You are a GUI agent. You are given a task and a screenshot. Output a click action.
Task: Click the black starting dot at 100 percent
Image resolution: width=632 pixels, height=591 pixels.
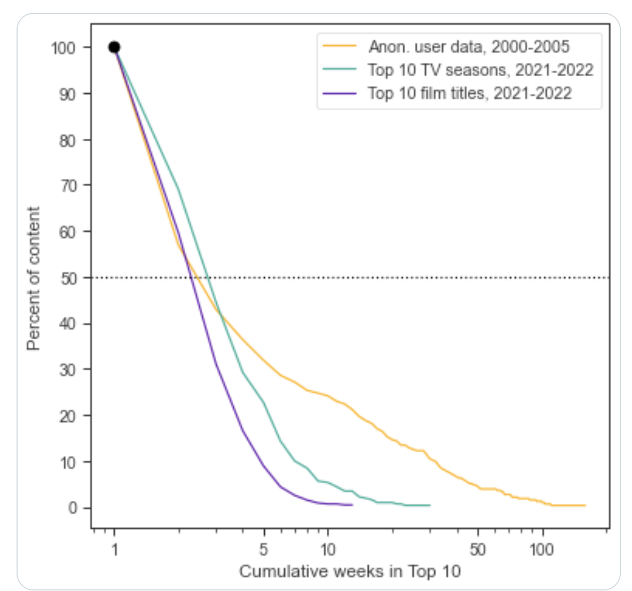tap(114, 47)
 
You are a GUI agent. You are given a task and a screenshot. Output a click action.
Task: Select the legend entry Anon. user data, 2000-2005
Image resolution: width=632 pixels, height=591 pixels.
tap(469, 47)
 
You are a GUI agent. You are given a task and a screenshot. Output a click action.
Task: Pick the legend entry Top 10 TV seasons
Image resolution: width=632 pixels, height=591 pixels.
tap(480, 70)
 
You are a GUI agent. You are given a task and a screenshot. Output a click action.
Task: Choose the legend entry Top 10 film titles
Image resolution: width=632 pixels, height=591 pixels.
tap(469, 93)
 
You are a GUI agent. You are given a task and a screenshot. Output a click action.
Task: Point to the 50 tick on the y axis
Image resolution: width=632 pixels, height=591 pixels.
tap(69, 278)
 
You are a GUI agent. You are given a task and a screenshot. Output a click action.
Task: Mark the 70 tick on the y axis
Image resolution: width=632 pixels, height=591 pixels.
tap(69, 186)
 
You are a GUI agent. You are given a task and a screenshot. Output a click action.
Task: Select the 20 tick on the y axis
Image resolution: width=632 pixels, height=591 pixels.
tap(69, 416)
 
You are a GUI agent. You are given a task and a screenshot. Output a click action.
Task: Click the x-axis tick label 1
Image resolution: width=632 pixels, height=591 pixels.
tap(114, 549)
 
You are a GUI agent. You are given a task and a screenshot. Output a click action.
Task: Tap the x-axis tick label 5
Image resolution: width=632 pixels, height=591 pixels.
tap(264, 549)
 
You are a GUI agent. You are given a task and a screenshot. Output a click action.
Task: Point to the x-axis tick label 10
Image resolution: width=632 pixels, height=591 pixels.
tap(328, 549)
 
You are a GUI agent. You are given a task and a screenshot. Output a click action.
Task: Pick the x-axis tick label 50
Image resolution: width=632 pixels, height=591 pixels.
tap(478, 549)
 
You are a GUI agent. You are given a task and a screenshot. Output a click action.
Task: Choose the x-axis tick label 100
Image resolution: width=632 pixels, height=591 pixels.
tap(542, 549)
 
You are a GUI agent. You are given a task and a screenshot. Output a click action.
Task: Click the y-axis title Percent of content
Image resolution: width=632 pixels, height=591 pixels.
tap(34, 278)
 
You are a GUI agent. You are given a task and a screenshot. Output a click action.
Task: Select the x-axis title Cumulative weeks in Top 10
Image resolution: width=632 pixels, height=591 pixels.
tap(350, 572)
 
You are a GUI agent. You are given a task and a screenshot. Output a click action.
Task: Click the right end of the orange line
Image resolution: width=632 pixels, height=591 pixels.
tap(585, 505)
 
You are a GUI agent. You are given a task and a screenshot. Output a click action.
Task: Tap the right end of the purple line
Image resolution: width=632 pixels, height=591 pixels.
tap(352, 505)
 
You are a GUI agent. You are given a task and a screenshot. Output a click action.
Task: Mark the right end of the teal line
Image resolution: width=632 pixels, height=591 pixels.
tap(430, 505)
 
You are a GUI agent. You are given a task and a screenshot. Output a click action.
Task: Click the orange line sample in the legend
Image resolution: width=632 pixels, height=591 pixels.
tap(339, 47)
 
